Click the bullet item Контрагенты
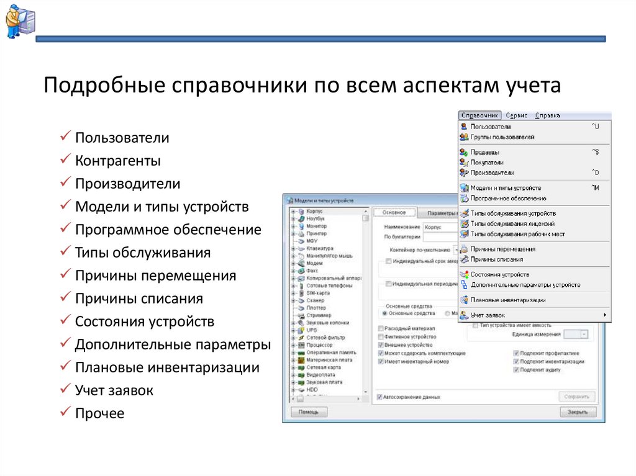[118, 161]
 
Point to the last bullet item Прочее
[99, 413]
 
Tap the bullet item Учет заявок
[114, 390]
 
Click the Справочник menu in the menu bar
[479, 115]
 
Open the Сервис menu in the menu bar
[516, 115]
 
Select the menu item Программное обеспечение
[508, 198]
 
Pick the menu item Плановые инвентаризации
[507, 300]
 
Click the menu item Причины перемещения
[502, 249]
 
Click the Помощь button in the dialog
[309, 412]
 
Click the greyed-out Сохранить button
[576, 397]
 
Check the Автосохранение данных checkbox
[380, 397]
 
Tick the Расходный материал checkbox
[380, 328]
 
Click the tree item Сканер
[316, 300]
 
